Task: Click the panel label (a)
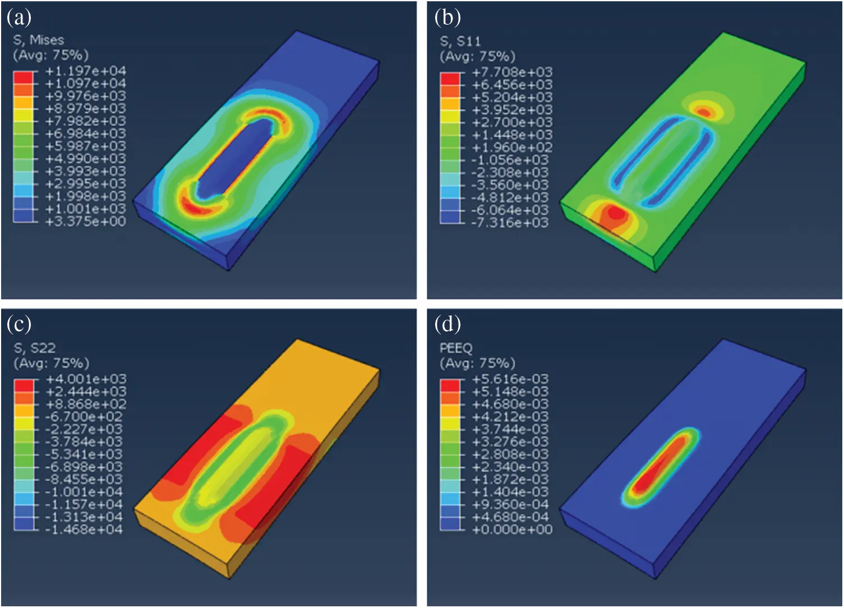[x=19, y=18]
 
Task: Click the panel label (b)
[x=447, y=18]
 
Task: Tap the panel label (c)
[x=19, y=324]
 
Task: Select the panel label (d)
[x=447, y=324]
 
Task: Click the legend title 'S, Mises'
[x=38, y=40]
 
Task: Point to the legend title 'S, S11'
[x=460, y=41]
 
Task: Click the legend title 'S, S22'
[x=34, y=348]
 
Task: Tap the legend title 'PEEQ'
[x=455, y=348]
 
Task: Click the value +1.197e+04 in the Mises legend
[x=85, y=71]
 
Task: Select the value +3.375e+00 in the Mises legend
[x=85, y=222]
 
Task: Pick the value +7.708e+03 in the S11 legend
[x=512, y=72]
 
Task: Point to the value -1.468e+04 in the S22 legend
[x=84, y=529]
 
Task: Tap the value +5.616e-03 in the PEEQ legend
[x=511, y=379]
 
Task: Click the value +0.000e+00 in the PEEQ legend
[x=512, y=529]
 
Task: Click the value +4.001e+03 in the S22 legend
[x=85, y=379]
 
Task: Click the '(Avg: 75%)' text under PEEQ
[x=477, y=363]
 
